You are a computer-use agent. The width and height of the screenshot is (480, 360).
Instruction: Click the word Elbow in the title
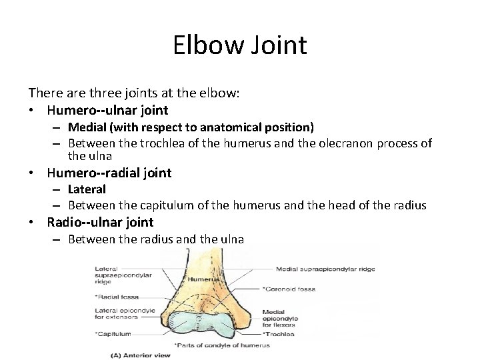207,45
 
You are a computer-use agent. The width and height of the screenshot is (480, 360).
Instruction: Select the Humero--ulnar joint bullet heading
107,110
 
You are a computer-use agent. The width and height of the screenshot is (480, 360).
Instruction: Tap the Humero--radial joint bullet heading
109,173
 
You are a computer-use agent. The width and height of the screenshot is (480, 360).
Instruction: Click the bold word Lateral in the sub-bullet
87,190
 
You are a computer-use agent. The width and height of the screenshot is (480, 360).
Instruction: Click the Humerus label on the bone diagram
198,279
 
